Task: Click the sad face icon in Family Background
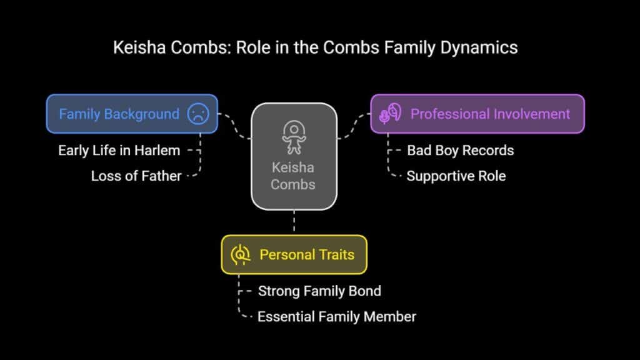click(x=198, y=114)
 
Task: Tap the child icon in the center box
click(x=294, y=137)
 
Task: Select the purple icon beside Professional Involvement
click(x=390, y=113)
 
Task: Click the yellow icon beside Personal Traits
click(x=241, y=255)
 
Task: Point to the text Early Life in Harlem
click(x=119, y=151)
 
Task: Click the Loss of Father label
click(x=136, y=176)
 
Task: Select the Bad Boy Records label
click(x=461, y=151)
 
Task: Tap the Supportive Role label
click(x=456, y=176)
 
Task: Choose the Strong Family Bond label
click(x=319, y=291)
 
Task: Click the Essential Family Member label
click(x=337, y=317)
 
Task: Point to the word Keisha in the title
click(x=139, y=47)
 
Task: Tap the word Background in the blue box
click(x=142, y=114)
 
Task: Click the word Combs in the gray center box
click(x=293, y=184)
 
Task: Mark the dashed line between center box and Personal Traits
click(x=294, y=222)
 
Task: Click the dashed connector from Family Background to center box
click(x=235, y=126)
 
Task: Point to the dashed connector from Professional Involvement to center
click(x=354, y=126)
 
